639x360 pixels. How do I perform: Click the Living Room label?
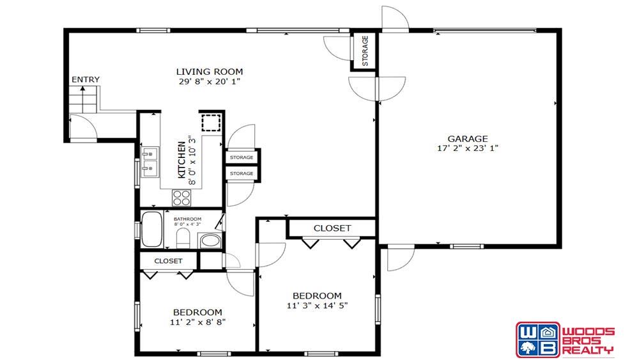[210, 72]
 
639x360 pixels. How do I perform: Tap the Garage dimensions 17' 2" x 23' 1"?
[468, 148]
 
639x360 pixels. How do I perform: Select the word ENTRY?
[86, 79]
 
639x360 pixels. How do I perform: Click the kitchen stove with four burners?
[181, 198]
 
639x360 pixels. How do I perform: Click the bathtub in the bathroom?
[151, 229]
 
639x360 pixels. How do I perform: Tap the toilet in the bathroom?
[183, 238]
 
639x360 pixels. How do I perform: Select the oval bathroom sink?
[210, 240]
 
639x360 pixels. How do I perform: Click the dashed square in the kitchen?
[211, 123]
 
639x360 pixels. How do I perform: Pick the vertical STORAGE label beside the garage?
[365, 51]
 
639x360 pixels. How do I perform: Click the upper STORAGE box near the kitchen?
[242, 157]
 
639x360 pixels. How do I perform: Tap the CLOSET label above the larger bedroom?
[332, 228]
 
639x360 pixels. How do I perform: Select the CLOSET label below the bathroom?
[168, 261]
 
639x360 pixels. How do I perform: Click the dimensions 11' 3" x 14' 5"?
[317, 306]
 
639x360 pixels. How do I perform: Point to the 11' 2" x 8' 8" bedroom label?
[197, 322]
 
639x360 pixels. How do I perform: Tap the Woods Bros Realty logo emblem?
[537, 340]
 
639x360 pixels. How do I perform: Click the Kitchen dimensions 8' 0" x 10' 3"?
[192, 160]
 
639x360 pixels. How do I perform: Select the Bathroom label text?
[187, 219]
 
